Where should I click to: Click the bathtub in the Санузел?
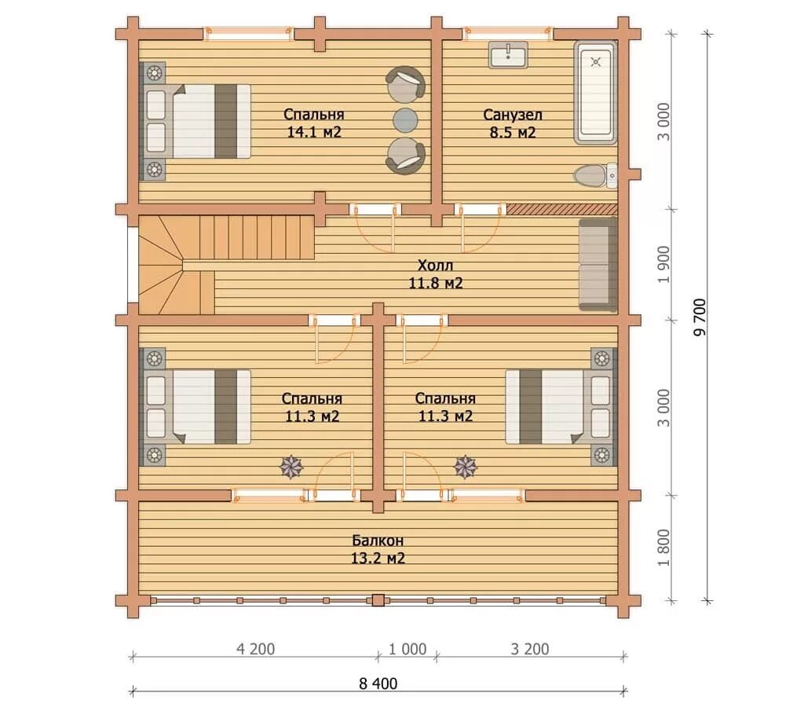pos(595,93)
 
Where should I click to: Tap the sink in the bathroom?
pos(508,55)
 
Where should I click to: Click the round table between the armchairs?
pos(405,120)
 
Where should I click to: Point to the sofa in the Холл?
pos(598,264)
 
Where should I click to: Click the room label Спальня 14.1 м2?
pos(314,123)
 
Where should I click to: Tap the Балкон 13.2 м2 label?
pos(378,549)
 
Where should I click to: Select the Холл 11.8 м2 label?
pos(435,274)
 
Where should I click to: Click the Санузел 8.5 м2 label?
pos(512,123)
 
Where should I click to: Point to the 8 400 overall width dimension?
pos(378,684)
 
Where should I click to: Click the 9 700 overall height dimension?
pos(700,317)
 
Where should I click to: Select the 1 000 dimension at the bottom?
pos(407,649)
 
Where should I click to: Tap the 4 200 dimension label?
pos(255,649)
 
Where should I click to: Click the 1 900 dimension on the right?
pos(663,264)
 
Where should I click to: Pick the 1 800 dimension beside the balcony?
pos(663,548)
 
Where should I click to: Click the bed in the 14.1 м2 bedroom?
pos(198,122)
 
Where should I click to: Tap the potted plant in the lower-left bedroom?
pos(291,467)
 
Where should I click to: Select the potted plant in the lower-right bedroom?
pos(466,467)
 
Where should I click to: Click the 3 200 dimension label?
pos(530,649)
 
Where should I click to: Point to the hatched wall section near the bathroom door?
pos(562,209)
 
